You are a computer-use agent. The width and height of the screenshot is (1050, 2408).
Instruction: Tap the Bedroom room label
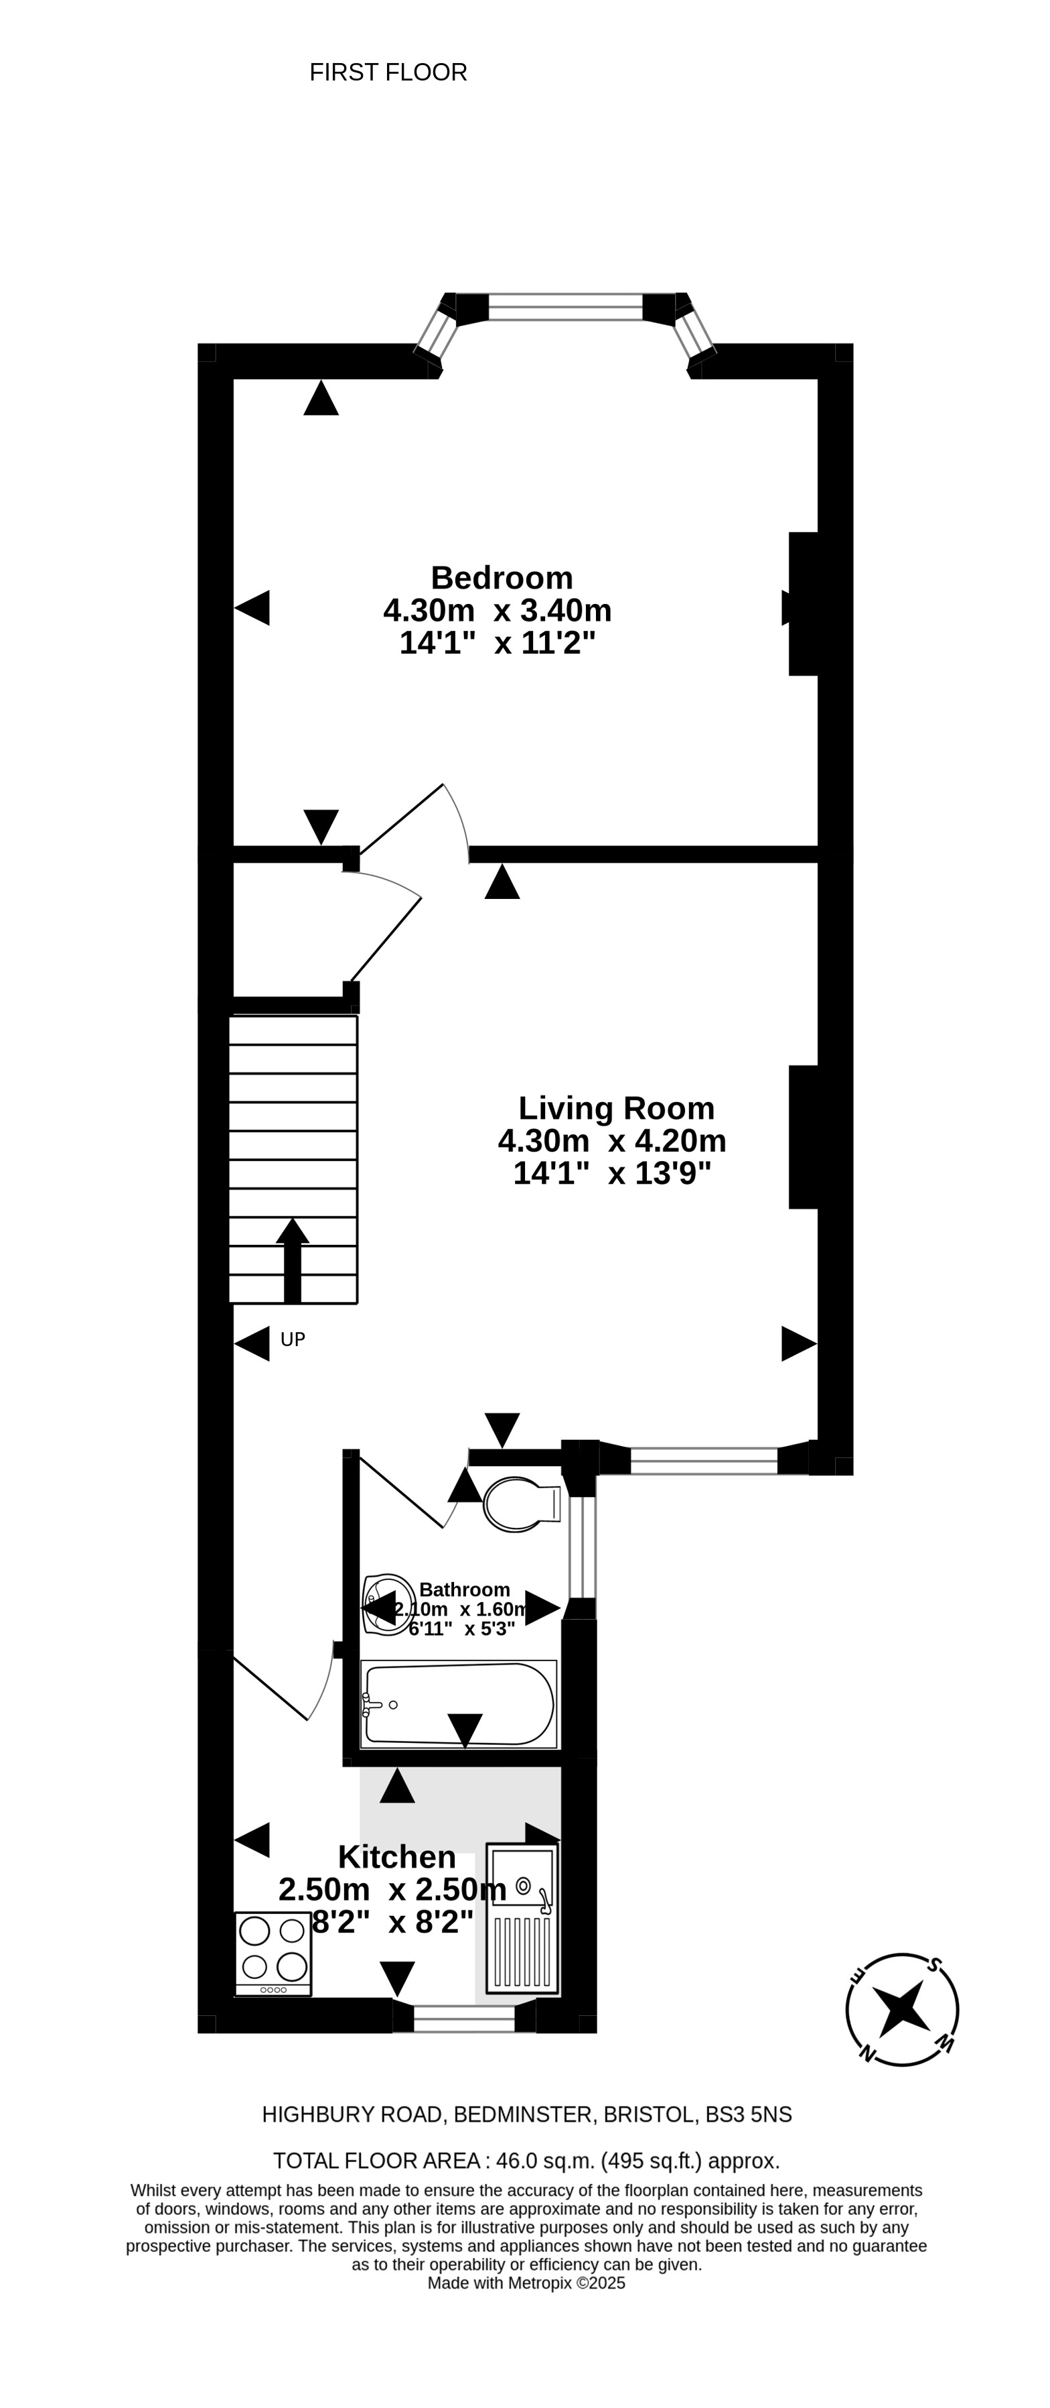[x=502, y=578]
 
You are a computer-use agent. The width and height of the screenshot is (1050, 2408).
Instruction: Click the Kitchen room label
[x=397, y=1856]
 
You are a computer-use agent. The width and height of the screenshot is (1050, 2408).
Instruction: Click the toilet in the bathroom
[x=521, y=1504]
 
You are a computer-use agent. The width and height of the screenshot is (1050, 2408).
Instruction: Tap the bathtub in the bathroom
[x=459, y=1704]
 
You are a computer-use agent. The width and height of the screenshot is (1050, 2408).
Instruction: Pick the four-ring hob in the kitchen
[x=273, y=1953]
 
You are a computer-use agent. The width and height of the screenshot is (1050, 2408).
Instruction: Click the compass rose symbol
[x=901, y=2009]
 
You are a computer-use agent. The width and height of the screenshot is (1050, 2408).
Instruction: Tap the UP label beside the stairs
[x=293, y=1339]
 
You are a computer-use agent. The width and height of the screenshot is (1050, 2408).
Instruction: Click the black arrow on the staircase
[x=293, y=1260]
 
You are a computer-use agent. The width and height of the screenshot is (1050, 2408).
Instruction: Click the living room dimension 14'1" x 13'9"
[x=612, y=1173]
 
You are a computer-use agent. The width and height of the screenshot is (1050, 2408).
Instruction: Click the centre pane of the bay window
[x=565, y=306]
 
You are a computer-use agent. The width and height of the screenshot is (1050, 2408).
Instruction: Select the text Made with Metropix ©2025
[x=526, y=2283]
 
